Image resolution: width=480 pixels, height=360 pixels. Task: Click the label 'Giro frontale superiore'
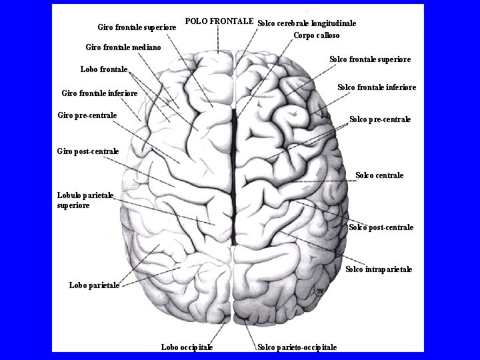coord(137,27)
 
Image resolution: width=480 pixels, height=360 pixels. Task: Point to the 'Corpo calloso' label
coord(316,35)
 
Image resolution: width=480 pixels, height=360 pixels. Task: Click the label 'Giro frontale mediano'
coord(123,47)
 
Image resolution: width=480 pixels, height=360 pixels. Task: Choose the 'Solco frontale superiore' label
coord(369,59)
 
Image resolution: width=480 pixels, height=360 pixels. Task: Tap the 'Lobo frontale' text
coord(103,69)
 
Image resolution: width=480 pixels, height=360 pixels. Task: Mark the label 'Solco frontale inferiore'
coord(377,87)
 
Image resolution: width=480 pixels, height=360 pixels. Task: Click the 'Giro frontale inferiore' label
coord(99,93)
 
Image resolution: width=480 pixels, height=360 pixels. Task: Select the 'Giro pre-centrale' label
coord(87,115)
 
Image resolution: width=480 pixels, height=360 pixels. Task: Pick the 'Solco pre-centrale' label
coord(380,120)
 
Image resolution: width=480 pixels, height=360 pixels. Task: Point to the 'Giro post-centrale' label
coord(88,151)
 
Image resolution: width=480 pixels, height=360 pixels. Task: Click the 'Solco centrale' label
coord(379,175)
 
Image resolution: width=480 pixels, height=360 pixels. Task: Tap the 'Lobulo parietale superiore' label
coord(85,200)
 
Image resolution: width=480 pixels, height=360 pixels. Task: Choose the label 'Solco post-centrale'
coord(381,227)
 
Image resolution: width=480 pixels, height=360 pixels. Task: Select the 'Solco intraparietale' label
coord(379,269)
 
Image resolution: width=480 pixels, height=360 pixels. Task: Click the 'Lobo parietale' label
coord(94,285)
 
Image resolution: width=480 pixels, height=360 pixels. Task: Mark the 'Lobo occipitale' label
coord(187,347)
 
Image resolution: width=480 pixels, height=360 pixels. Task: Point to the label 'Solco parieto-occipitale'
coord(297,347)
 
